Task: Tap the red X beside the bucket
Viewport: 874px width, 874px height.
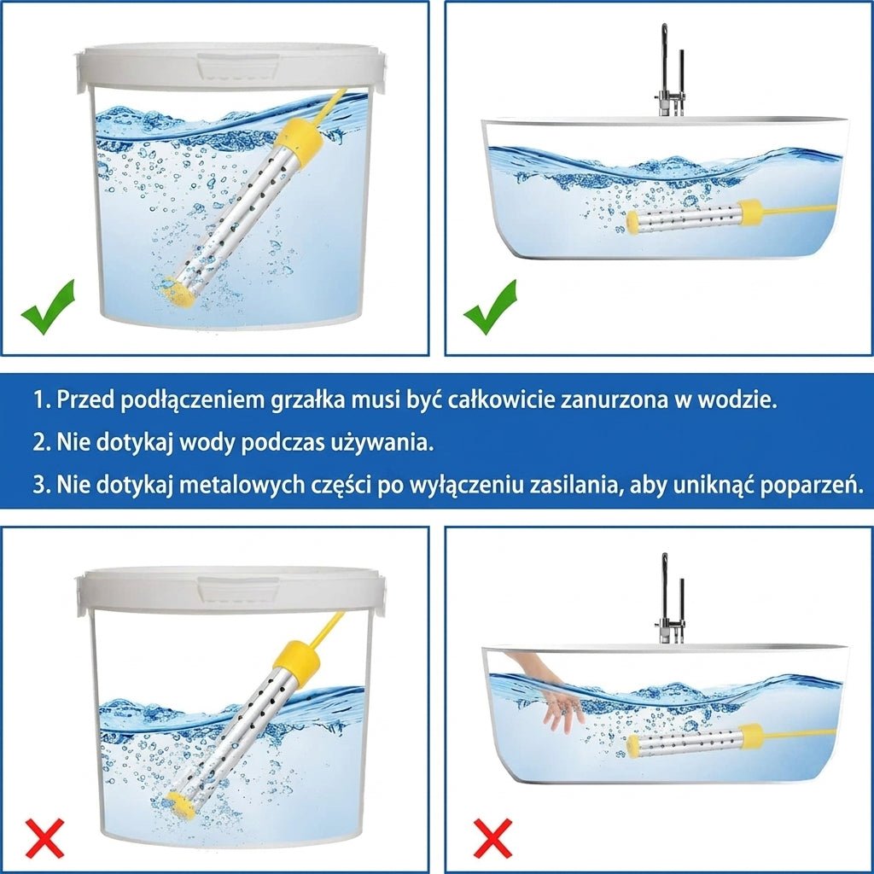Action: [x=45, y=838]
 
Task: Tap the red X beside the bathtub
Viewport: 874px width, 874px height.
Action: [x=492, y=838]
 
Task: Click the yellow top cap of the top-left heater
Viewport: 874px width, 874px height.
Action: [x=300, y=138]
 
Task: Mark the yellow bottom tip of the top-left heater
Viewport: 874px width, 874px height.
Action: [x=178, y=292]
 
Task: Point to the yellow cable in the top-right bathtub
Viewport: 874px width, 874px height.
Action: [x=800, y=210]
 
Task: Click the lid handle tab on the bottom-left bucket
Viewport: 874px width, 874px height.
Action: [x=239, y=590]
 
